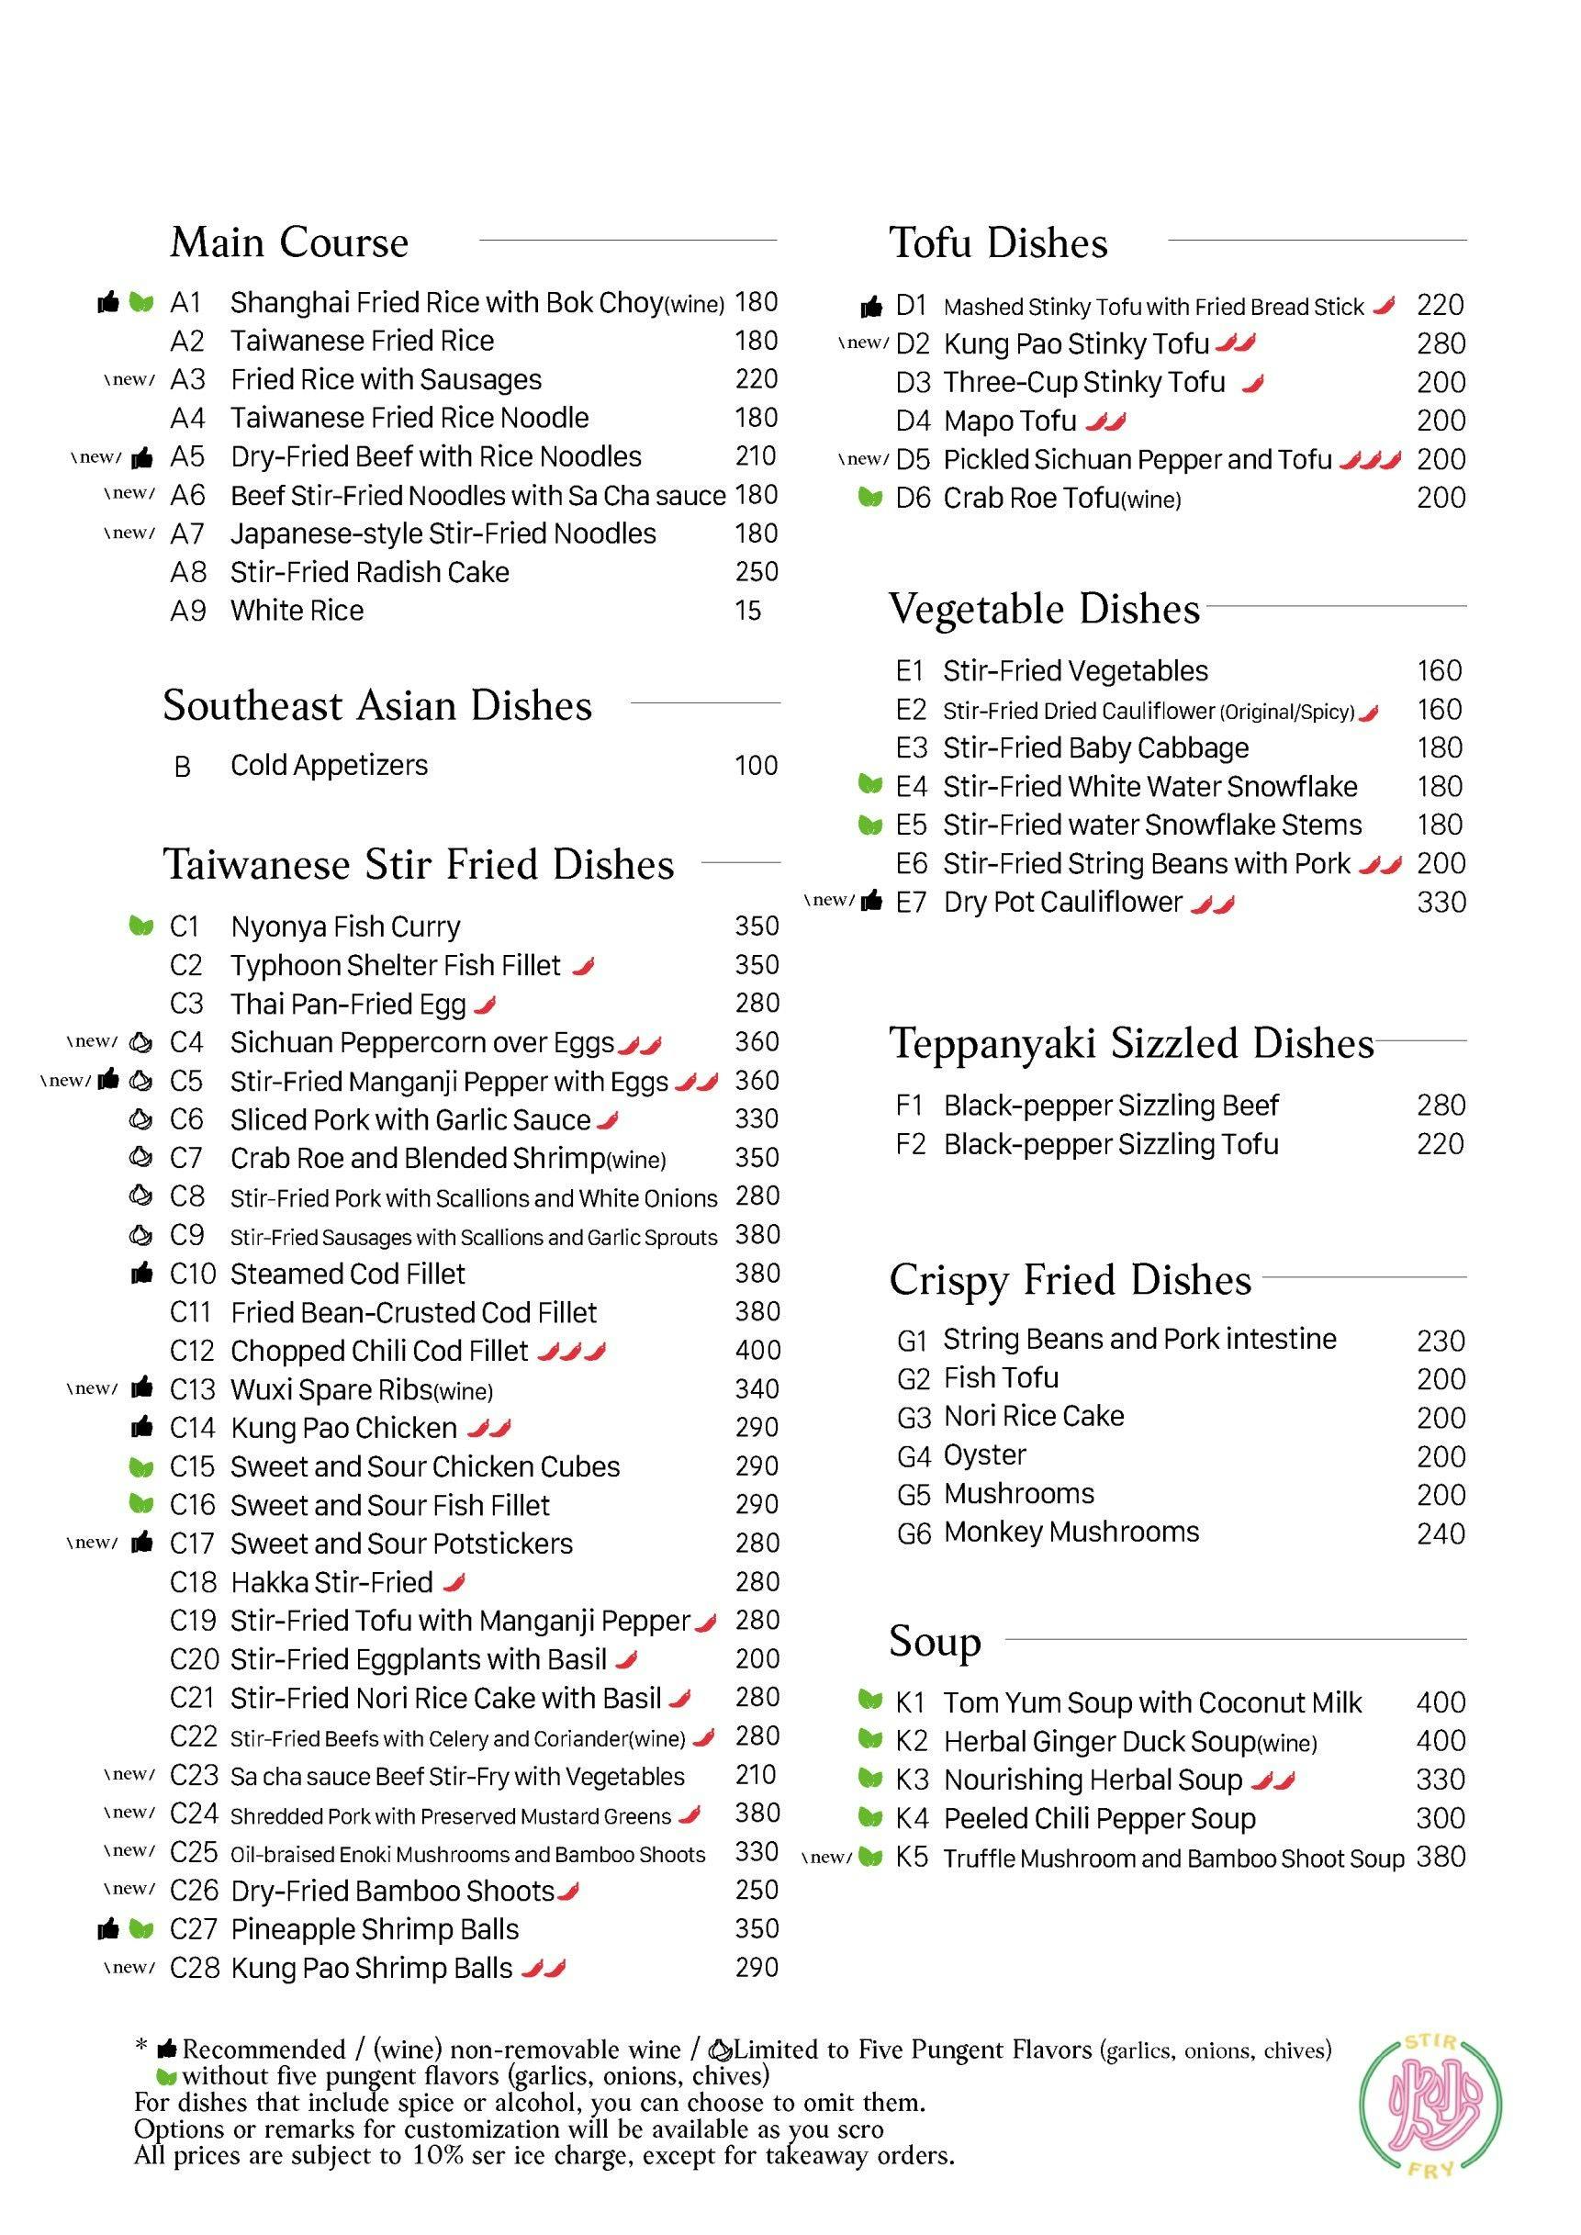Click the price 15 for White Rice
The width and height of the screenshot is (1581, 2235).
coord(747,611)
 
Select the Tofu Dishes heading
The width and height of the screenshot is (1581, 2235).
coord(998,243)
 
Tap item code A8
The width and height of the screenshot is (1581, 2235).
coord(188,572)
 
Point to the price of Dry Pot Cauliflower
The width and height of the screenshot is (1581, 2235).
coord(1441,903)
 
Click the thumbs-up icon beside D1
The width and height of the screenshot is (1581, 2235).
coord(871,307)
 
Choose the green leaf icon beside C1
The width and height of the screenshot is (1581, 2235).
coord(141,926)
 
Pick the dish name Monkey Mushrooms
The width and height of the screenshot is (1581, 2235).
coord(1071,1533)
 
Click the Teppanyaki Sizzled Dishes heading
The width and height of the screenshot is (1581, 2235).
coord(1131,1043)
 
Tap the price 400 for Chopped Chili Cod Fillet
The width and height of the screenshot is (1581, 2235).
coord(757,1350)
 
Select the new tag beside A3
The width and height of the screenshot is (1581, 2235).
coord(129,379)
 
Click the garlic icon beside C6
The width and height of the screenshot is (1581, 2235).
coord(141,1119)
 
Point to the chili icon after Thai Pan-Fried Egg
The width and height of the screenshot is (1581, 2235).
coord(485,1004)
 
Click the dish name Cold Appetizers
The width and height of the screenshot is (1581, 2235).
coord(329,765)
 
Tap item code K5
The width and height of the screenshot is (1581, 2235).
coord(911,1858)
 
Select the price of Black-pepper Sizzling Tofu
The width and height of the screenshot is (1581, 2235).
coord(1441,1144)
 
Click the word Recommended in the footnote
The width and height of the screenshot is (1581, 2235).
coord(263,2050)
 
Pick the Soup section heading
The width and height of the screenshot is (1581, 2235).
coord(935,1641)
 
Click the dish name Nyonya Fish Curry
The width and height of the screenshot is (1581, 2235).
coord(345,927)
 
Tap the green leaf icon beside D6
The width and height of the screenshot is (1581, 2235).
coord(869,498)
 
